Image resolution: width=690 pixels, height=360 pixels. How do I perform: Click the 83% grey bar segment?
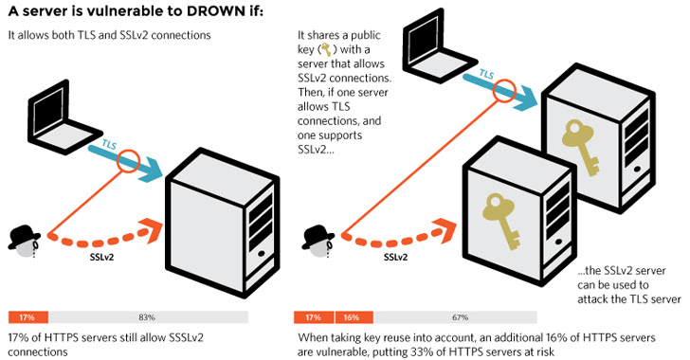tap(147, 317)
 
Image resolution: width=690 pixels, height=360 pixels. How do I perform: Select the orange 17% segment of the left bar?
tap(27, 317)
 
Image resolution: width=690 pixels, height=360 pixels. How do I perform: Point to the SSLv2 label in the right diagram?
tap(396, 257)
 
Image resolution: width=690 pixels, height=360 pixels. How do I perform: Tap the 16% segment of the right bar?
tap(350, 317)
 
